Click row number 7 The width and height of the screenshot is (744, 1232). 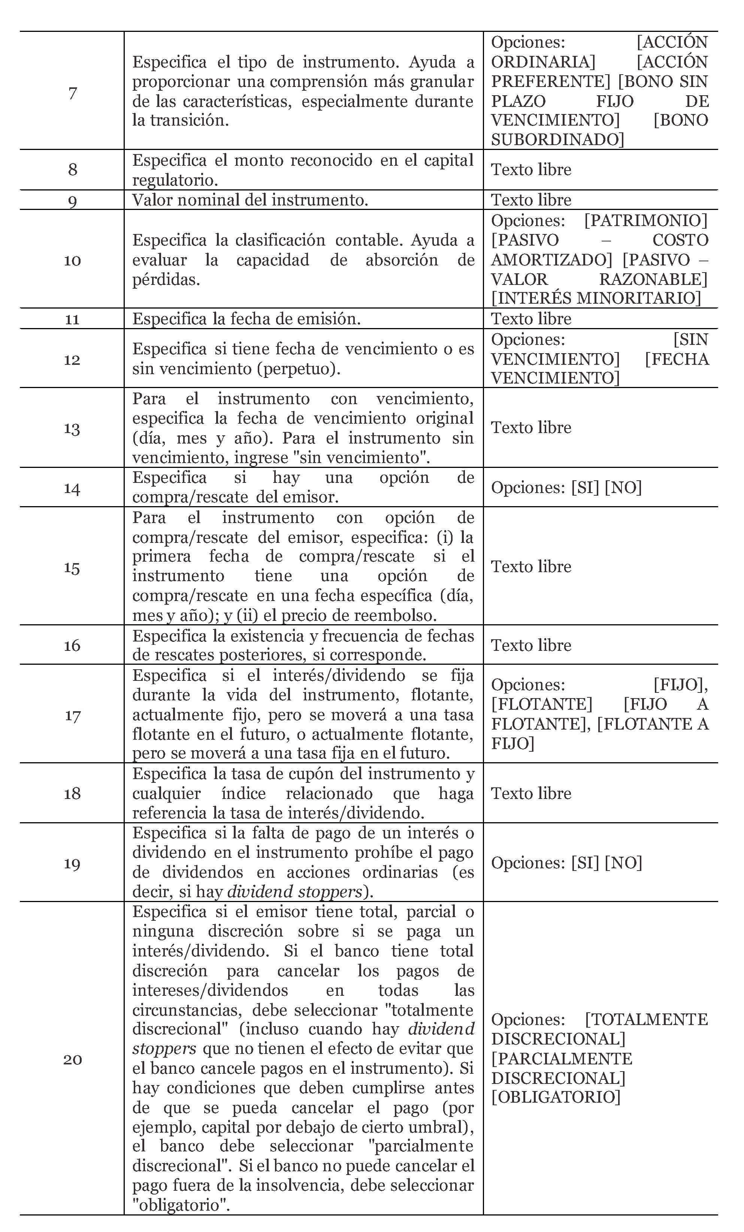coord(72,93)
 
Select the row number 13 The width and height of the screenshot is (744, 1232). coord(72,429)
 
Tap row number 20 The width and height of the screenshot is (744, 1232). coord(72,1060)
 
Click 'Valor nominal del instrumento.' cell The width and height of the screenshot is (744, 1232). coord(250,200)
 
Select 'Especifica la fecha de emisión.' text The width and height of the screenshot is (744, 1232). coord(247,319)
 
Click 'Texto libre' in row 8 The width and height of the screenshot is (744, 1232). coord(531,170)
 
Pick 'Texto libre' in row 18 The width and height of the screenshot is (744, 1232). coord(531,793)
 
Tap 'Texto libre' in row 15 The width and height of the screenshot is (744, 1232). coord(531,567)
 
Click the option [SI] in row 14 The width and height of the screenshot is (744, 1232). coord(585,487)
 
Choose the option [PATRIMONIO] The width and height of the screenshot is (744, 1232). coord(645,220)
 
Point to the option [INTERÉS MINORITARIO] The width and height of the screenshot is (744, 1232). coord(596,298)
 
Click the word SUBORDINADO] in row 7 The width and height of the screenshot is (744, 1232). coord(557,139)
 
